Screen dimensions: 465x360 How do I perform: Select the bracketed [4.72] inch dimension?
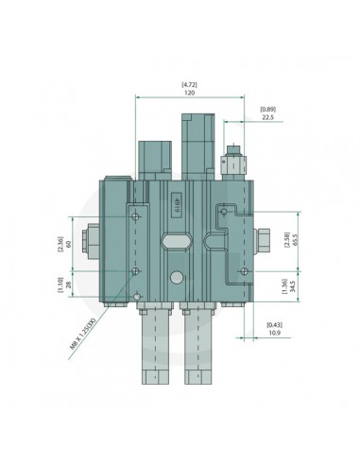tap(189, 85)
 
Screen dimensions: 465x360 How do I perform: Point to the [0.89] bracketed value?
tap(267, 110)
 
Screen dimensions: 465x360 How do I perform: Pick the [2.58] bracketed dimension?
tap(287, 240)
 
